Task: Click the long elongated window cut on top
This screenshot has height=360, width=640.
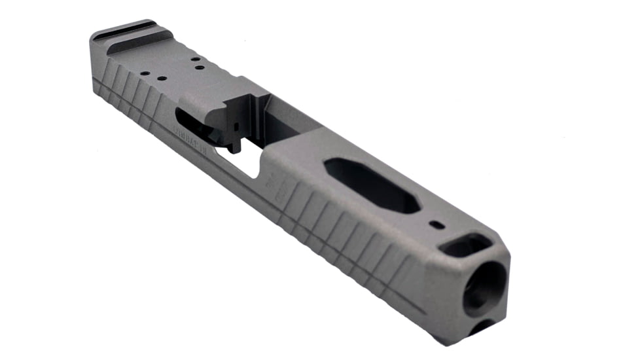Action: pyautogui.click(x=372, y=185)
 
